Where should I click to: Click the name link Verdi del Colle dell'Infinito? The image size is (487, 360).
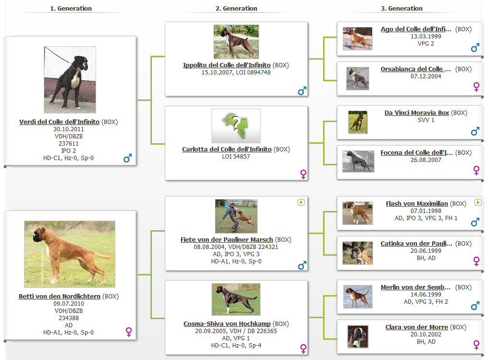(59, 122)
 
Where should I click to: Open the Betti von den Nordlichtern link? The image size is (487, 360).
(59, 297)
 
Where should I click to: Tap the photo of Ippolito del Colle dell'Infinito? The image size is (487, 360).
(236, 42)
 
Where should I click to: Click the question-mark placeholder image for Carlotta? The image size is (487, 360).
(236, 126)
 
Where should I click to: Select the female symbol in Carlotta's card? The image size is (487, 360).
(303, 174)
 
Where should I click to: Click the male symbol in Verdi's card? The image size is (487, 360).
(128, 158)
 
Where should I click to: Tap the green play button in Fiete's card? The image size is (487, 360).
(301, 202)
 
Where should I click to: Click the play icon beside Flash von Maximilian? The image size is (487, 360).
(478, 202)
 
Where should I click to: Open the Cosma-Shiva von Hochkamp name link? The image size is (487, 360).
(227, 323)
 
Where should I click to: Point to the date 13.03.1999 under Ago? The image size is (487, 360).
(426, 37)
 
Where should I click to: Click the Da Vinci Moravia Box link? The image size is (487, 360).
(417, 113)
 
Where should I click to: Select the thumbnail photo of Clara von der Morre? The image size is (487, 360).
(358, 337)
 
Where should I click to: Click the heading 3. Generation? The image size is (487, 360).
(401, 8)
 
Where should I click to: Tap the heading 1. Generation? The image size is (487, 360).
(71, 8)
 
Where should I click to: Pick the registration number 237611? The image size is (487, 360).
(69, 144)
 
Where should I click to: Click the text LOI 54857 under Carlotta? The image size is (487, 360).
(236, 157)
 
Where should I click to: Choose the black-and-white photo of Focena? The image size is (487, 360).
(358, 161)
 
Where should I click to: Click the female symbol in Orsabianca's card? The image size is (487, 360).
(476, 87)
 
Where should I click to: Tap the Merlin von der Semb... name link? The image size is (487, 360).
(415, 287)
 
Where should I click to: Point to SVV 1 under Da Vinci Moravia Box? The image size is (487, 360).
(426, 120)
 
